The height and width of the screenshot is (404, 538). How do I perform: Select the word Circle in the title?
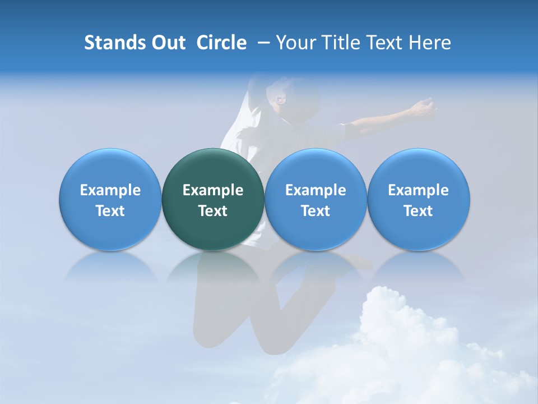click(221, 43)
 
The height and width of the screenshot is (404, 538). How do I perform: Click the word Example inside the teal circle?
click(213, 190)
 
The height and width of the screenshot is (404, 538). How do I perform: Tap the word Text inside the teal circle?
click(213, 211)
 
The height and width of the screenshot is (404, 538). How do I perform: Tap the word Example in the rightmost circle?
click(419, 190)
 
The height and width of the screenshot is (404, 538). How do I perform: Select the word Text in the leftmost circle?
click(110, 211)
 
